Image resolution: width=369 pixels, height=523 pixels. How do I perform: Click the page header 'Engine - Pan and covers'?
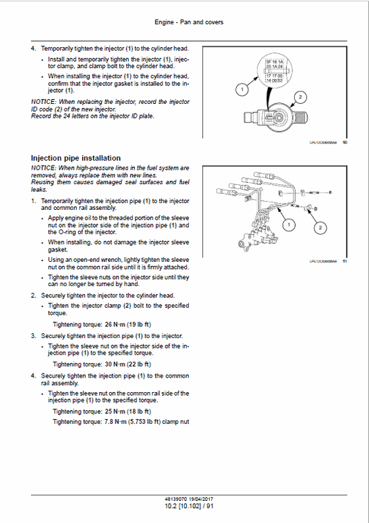(185, 23)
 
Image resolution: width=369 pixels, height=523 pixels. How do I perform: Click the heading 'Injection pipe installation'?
(76, 158)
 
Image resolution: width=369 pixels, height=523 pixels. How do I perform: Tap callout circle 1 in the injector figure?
(240, 89)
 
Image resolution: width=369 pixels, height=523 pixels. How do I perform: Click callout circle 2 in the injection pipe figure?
(319, 227)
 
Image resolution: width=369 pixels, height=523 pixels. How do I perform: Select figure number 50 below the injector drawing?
(345, 143)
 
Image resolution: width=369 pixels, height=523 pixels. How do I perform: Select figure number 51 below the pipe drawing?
(345, 261)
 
